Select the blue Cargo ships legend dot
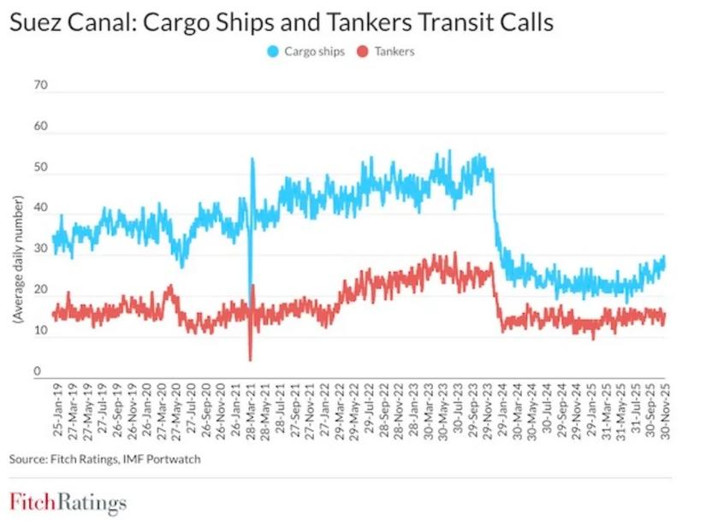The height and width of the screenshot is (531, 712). click(x=270, y=51)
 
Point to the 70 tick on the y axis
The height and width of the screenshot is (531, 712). click(x=40, y=86)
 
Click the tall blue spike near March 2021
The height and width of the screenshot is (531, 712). click(x=252, y=160)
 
